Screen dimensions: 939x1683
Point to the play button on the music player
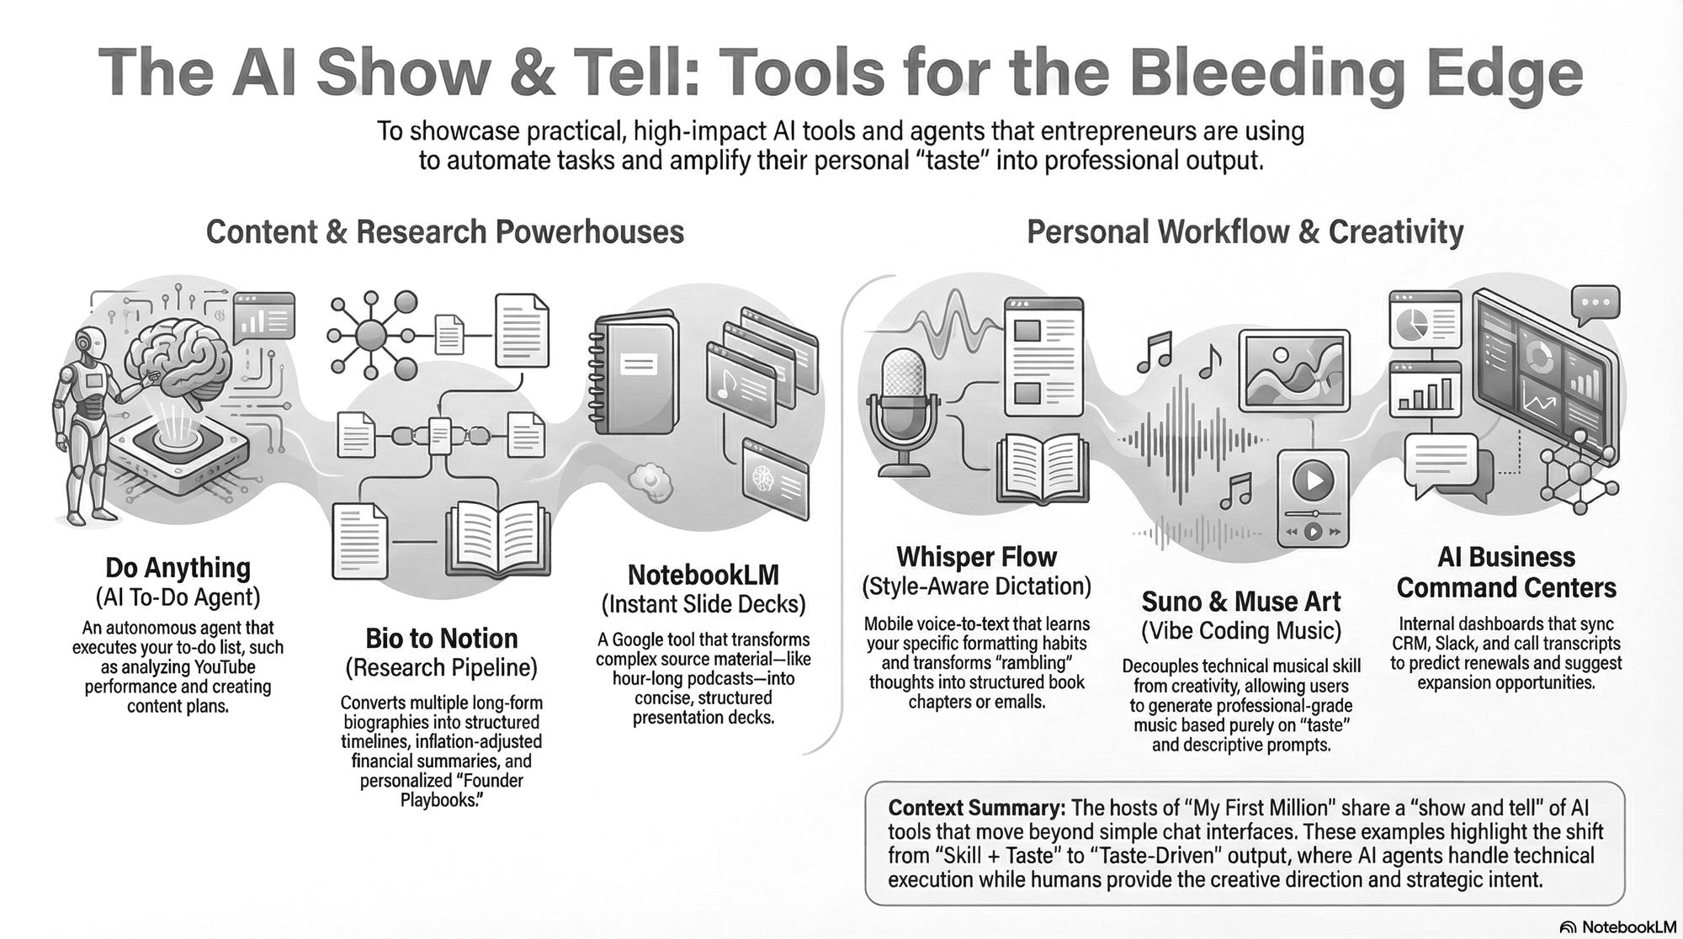pos(1313,481)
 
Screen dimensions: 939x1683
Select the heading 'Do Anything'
pos(178,568)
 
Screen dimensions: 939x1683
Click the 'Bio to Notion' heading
pos(441,639)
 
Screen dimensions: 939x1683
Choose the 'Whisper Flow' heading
pos(976,557)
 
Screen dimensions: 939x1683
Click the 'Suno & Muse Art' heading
pos(1240,602)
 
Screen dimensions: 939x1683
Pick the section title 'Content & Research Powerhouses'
pos(444,232)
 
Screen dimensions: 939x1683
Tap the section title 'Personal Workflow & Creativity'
pos(1245,232)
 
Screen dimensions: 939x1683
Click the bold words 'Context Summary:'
pos(976,808)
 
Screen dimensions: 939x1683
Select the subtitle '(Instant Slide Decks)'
pos(703,604)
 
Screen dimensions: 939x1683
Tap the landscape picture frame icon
pos(1294,372)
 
